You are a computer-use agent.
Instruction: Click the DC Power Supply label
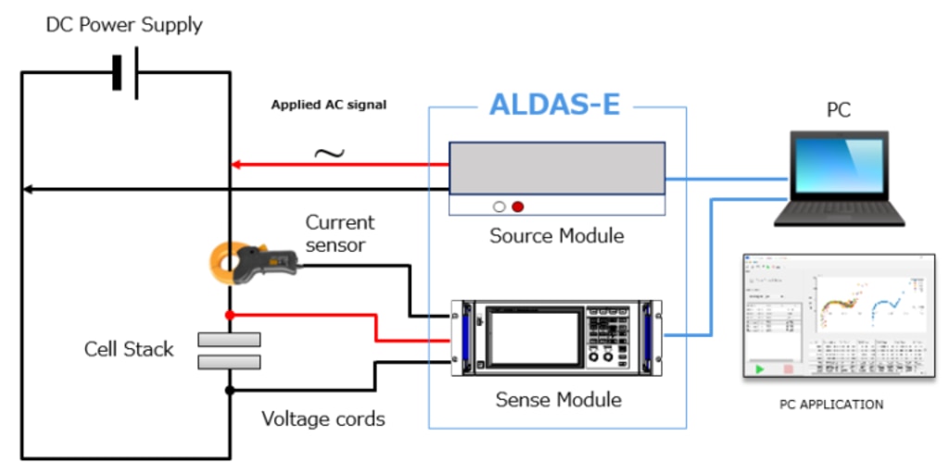(x=124, y=25)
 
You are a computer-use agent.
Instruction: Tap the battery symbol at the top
(x=125, y=73)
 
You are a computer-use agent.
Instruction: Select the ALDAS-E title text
(x=554, y=106)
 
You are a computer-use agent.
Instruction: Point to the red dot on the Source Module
(x=518, y=206)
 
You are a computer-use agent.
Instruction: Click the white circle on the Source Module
(x=500, y=206)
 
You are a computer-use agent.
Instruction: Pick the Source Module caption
(x=556, y=236)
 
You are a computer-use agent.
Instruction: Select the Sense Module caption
(x=558, y=400)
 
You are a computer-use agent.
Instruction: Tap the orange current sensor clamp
(x=231, y=263)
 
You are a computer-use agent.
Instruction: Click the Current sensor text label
(x=340, y=233)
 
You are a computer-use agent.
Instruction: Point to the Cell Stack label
(x=129, y=349)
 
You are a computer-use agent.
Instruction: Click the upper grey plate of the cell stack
(x=229, y=340)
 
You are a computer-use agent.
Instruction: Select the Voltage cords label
(x=323, y=419)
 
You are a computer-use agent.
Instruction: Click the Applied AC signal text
(x=328, y=106)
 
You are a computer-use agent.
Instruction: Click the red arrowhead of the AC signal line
(x=236, y=166)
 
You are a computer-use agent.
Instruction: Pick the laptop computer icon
(x=839, y=179)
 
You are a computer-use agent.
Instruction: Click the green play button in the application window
(x=760, y=368)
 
